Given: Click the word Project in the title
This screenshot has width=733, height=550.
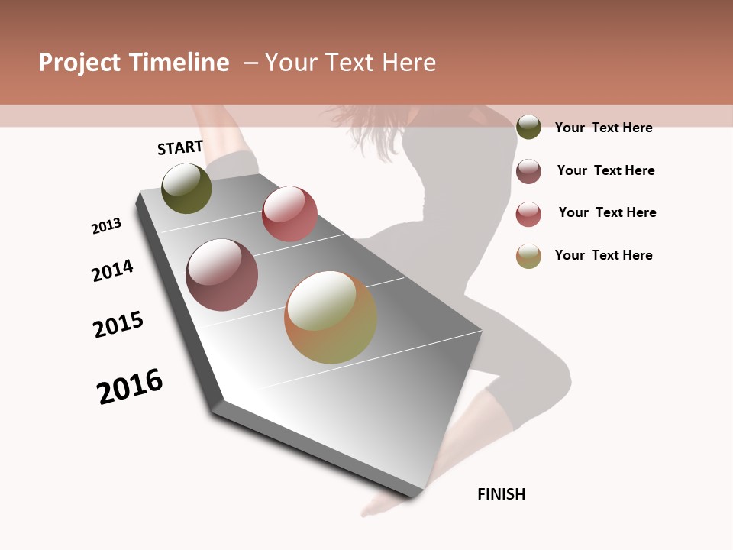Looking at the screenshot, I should (x=79, y=63).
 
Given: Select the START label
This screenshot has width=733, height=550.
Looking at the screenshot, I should (x=180, y=147).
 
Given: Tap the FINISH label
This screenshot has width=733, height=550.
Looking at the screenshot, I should (x=501, y=494).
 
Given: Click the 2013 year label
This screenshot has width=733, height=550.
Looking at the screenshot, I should (x=106, y=226).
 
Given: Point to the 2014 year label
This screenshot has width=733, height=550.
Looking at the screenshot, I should (x=112, y=270).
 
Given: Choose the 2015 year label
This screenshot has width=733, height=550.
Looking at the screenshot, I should (x=118, y=325).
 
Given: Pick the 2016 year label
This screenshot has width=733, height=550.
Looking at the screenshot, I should (x=130, y=386).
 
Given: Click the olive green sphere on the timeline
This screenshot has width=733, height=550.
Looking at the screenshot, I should (x=187, y=188).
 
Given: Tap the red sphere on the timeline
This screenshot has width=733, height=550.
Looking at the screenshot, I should (x=289, y=214).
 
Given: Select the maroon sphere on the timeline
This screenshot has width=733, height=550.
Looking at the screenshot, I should (x=222, y=275).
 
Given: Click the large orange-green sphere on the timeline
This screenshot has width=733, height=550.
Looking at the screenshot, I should (x=331, y=317).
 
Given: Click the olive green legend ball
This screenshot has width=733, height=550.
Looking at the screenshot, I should (x=528, y=127).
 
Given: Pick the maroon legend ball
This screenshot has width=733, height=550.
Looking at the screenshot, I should (x=528, y=171).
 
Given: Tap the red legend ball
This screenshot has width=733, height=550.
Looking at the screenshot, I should (x=528, y=214).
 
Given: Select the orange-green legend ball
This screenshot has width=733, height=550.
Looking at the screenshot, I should (x=528, y=256).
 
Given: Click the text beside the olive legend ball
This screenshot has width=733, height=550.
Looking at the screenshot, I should (x=603, y=128).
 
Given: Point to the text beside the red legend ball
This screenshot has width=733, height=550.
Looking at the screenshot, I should (x=607, y=212).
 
